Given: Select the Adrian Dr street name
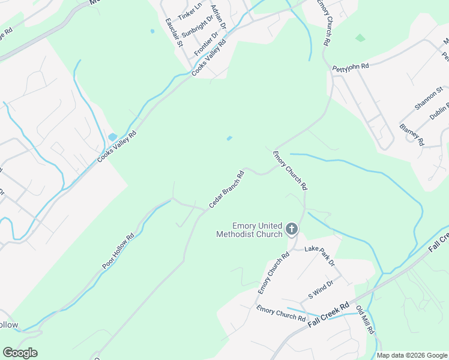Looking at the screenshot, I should pyautogui.click(x=218, y=19).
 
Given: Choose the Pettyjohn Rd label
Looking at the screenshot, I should pyautogui.click(x=351, y=67).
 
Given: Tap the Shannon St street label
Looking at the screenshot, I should pyautogui.click(x=429, y=98).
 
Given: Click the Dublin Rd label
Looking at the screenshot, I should pyautogui.click(x=440, y=110).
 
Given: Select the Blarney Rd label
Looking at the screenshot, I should pyautogui.click(x=412, y=136).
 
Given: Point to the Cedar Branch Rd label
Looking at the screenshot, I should pyautogui.click(x=226, y=190).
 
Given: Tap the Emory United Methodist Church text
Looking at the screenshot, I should pyautogui.click(x=249, y=230).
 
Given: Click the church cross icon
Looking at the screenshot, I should pyautogui.click(x=292, y=228).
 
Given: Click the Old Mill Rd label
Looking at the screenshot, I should pyautogui.click(x=365, y=320).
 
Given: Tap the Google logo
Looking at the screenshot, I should pyautogui.click(x=20, y=353).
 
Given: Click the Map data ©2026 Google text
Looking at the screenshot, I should pyautogui.click(x=412, y=355).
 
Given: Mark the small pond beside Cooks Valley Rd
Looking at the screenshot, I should pyautogui.click(x=112, y=137).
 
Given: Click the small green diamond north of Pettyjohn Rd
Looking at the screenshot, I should pyautogui.click(x=360, y=38).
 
